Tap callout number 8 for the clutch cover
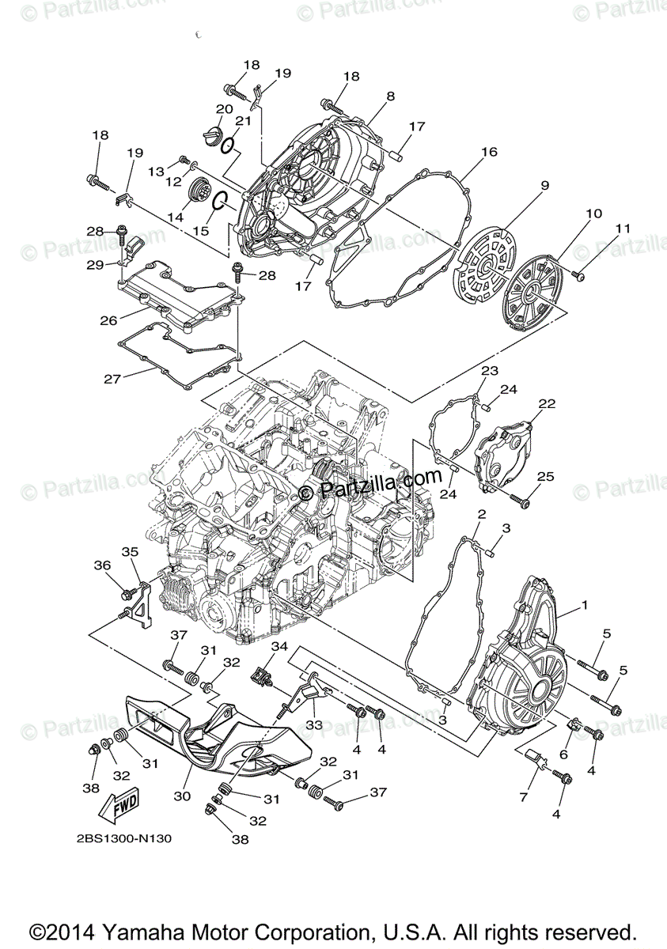pos(390,96)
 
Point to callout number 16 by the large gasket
pos(488,152)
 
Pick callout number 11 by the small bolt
pos(623,229)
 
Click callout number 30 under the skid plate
pos(181,796)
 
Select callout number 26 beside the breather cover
pos(109,320)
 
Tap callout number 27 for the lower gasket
pos(112,380)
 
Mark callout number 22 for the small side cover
pos(547,404)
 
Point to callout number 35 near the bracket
pos(130,551)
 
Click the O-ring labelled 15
pos(221,203)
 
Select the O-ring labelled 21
pos(226,146)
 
